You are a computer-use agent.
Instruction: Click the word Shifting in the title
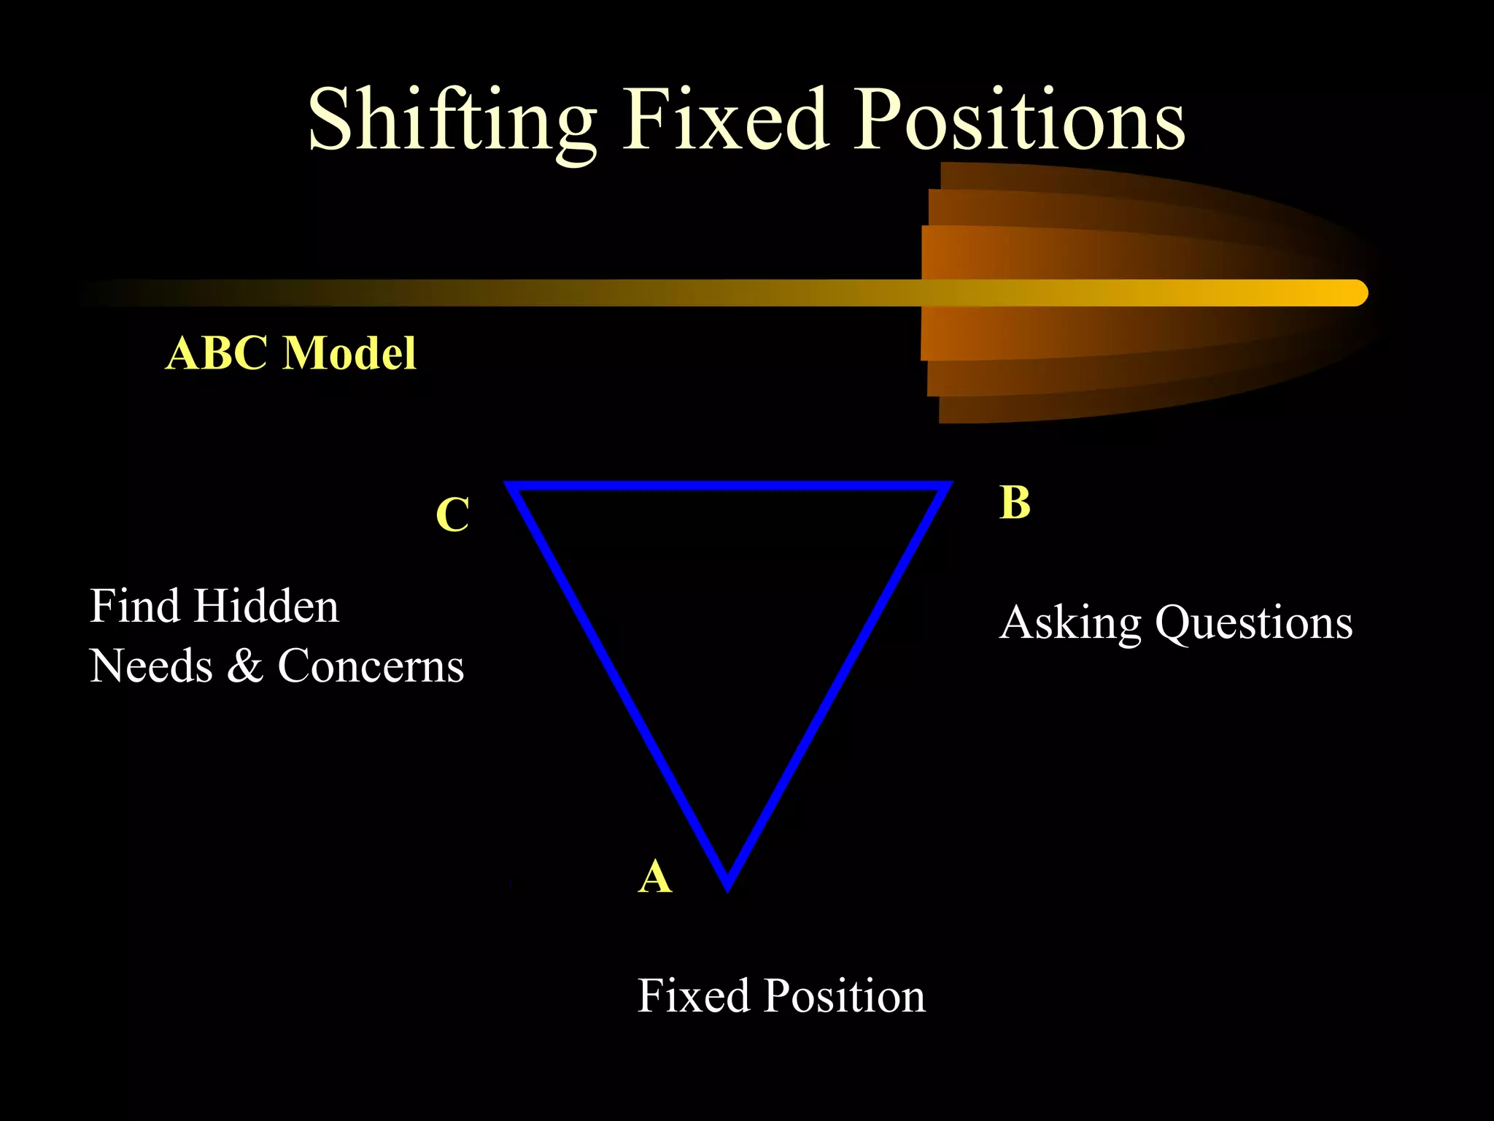452,120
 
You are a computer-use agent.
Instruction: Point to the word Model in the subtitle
349,353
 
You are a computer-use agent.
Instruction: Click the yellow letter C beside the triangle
452,515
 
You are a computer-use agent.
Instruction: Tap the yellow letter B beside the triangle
1015,503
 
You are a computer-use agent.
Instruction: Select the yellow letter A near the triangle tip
654,876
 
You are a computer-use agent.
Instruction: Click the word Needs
151,666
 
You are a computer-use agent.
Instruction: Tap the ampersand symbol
245,666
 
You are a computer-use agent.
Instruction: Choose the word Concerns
371,666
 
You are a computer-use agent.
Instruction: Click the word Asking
1070,624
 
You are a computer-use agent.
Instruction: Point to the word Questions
1254,623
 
